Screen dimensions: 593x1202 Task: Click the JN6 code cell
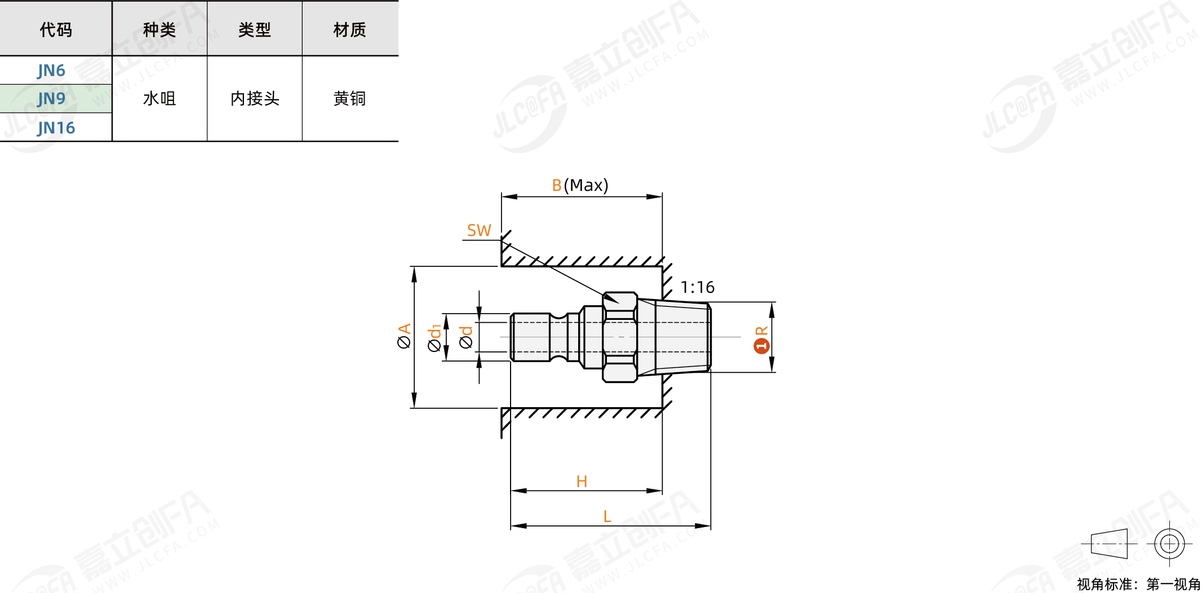(x=52, y=70)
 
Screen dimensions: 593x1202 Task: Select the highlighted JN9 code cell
(x=52, y=99)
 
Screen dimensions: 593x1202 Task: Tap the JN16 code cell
(x=56, y=128)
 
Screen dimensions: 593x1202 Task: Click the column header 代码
(x=56, y=29)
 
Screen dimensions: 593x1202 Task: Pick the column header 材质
(x=349, y=29)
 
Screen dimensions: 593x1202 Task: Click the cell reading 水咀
(x=159, y=99)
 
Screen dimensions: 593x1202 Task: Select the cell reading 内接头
(x=255, y=99)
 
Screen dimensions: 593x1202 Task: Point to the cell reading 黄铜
(x=349, y=99)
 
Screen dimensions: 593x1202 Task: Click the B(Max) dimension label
(x=580, y=185)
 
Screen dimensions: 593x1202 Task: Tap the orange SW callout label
(x=479, y=230)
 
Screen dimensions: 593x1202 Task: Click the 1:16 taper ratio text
(x=697, y=288)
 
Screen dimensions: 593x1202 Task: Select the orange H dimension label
(x=582, y=481)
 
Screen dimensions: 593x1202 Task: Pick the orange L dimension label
(x=607, y=516)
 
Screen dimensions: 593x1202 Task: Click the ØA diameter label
(x=404, y=336)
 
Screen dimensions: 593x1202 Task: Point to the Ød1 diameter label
(x=434, y=338)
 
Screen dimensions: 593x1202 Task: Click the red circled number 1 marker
(x=761, y=345)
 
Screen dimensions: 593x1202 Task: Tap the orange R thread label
(x=761, y=331)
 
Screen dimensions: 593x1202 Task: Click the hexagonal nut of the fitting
(x=620, y=337)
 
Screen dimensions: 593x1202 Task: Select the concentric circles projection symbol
(x=1169, y=544)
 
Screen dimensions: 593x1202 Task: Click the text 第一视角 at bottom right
(x=1173, y=585)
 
